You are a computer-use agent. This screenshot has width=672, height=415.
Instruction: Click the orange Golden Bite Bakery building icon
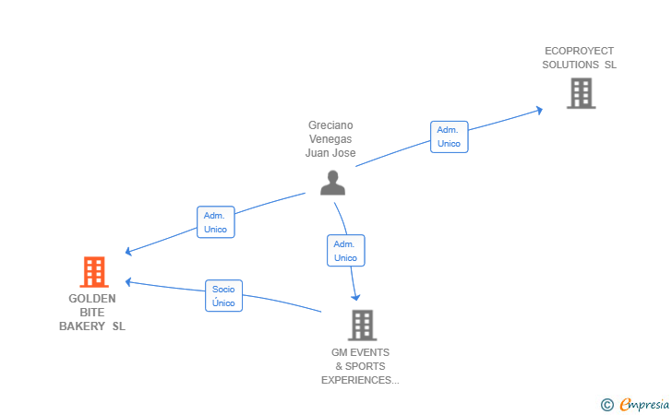94,272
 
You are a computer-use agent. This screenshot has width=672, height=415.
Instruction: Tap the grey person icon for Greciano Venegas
332,183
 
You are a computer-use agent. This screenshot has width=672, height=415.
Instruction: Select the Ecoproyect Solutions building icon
582,93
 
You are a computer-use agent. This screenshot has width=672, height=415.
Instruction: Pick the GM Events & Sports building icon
362,325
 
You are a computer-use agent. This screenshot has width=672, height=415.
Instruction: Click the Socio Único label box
223,295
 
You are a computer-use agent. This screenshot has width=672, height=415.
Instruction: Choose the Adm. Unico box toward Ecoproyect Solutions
450,136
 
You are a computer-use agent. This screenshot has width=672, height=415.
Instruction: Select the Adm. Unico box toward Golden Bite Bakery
216,222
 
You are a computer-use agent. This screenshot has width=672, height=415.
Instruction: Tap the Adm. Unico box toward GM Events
346,251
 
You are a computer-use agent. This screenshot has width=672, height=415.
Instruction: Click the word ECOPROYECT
579,51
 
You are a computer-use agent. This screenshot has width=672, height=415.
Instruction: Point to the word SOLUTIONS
570,65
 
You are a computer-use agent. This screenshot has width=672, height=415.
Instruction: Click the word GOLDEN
92,299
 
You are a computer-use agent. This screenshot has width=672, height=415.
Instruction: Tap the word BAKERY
82,326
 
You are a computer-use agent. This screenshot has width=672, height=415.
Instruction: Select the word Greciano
330,125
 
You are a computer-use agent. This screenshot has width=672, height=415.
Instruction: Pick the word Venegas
330,138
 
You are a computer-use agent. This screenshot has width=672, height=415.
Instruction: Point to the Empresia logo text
644,404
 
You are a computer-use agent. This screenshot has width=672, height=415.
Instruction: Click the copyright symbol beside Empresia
607,405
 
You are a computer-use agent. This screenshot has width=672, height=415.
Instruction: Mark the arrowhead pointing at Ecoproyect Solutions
540,111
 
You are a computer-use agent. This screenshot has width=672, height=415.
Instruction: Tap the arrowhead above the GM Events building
355,297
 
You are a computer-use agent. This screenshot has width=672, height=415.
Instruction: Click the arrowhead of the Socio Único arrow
128,282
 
